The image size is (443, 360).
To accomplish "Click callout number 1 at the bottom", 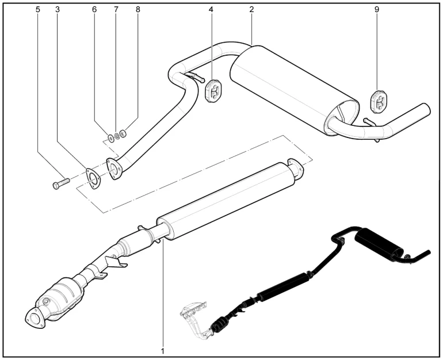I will coord(163,350).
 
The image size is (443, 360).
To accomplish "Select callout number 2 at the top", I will coord(252,10).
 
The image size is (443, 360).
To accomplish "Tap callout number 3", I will coord(58,10).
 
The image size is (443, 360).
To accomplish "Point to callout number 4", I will coord(211,10).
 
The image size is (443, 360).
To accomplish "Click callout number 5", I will coord(38,10).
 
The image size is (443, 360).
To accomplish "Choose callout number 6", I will coord(95,10).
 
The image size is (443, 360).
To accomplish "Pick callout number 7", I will coord(115,10).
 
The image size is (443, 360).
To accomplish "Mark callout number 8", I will coord(138,10).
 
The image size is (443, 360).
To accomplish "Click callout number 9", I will coord(377,10).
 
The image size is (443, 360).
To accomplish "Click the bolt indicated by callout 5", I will coord(60,184).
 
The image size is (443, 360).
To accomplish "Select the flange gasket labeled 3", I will coord(91,177).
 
